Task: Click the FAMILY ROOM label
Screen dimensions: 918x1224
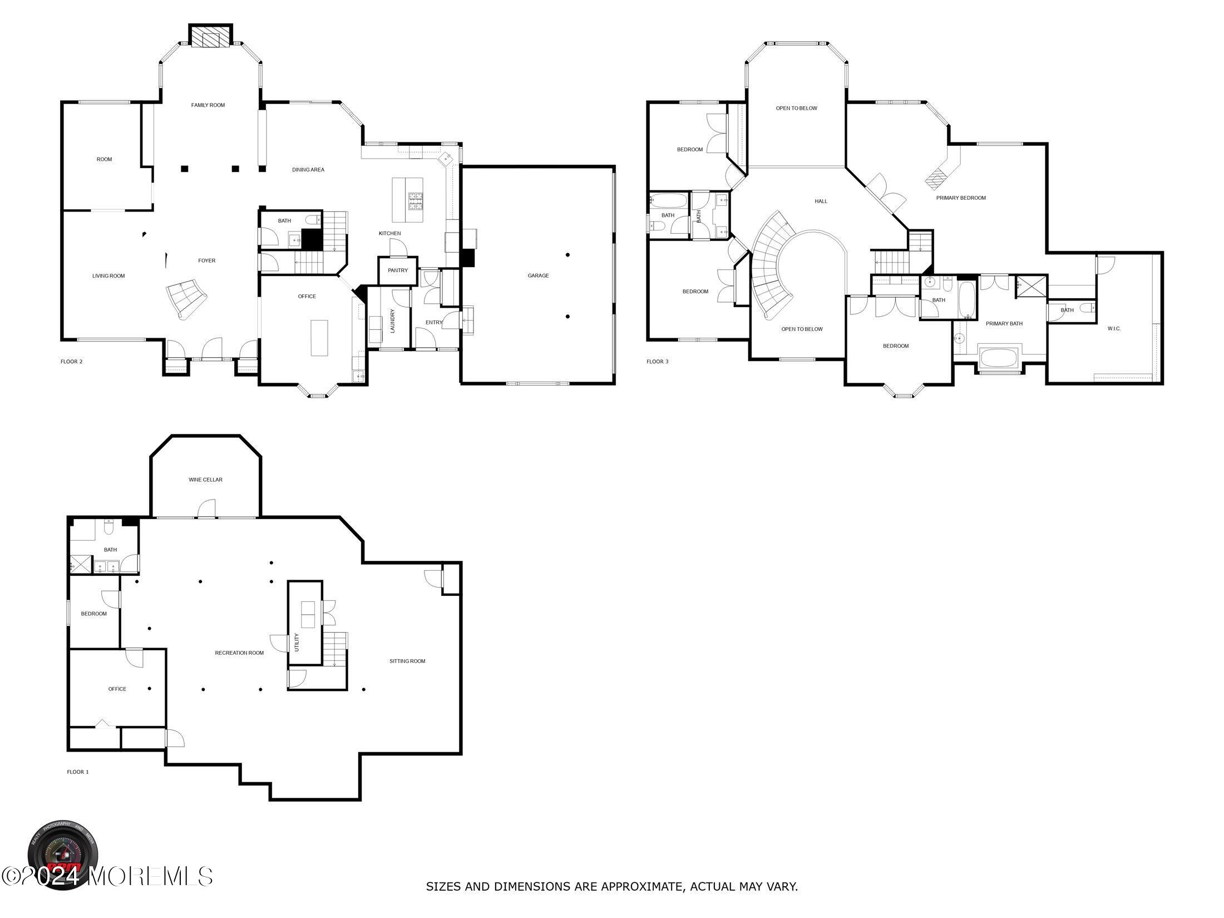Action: [x=208, y=105]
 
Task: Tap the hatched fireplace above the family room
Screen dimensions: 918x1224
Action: [x=210, y=37]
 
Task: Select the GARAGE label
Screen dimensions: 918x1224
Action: [x=538, y=275]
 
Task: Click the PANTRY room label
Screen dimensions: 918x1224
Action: [x=398, y=270]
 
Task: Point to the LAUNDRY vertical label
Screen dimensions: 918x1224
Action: [x=392, y=321]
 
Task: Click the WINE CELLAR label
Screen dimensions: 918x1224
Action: [x=205, y=480]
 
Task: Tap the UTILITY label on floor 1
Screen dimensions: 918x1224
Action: [x=297, y=643]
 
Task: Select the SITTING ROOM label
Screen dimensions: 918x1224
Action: [x=407, y=661]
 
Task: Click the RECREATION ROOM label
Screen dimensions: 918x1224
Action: [x=239, y=653]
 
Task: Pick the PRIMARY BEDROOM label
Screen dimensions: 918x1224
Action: [x=961, y=198]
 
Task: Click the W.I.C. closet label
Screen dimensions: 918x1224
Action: [x=1114, y=329]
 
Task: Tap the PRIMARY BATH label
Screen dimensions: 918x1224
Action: [x=1004, y=324]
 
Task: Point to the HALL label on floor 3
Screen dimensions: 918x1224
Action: [x=821, y=201]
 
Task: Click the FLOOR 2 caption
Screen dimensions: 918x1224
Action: [x=71, y=362]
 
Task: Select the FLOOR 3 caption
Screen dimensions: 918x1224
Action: [x=657, y=362]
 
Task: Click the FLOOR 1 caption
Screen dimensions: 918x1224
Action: [x=77, y=772]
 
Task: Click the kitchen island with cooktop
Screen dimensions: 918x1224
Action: [x=407, y=200]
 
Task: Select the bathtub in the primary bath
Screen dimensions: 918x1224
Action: [x=998, y=358]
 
